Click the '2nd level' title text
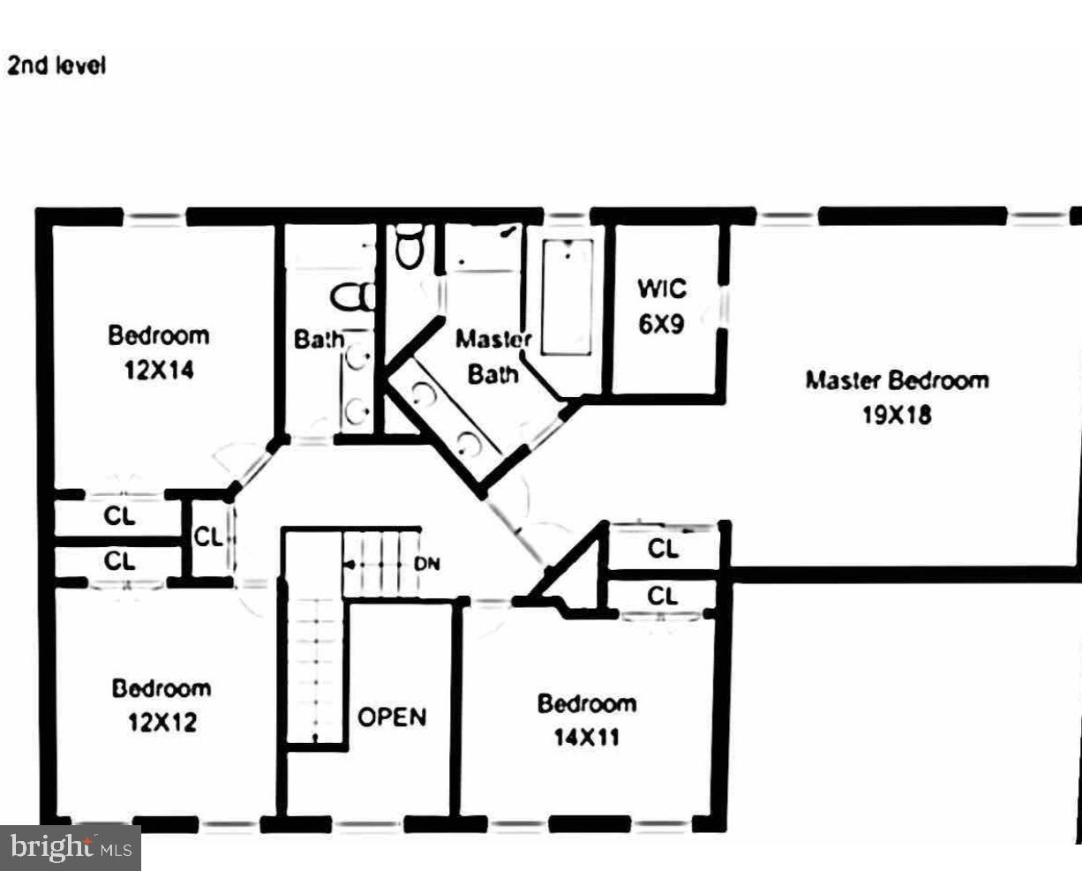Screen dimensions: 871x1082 [56, 65]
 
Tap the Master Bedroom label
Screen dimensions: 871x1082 [897, 380]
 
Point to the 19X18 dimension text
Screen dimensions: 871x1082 [897, 415]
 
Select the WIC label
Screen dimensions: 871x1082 [661, 289]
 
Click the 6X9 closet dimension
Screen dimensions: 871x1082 [661, 324]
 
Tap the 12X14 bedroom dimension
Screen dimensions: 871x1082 [159, 371]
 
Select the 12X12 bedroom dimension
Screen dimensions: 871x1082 [162, 723]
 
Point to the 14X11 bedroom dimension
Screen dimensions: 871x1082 [587, 737]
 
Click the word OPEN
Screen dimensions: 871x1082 [392, 717]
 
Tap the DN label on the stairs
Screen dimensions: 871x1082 [427, 564]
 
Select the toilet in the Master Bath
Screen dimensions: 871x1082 [410, 246]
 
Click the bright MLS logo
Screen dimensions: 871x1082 [71, 848]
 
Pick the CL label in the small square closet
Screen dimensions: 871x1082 [208, 537]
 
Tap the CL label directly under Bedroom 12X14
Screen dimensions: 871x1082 [119, 515]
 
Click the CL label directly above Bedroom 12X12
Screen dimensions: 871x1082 [119, 560]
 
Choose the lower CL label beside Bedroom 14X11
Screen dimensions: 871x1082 [663, 597]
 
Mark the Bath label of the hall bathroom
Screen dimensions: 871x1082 [319, 339]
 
